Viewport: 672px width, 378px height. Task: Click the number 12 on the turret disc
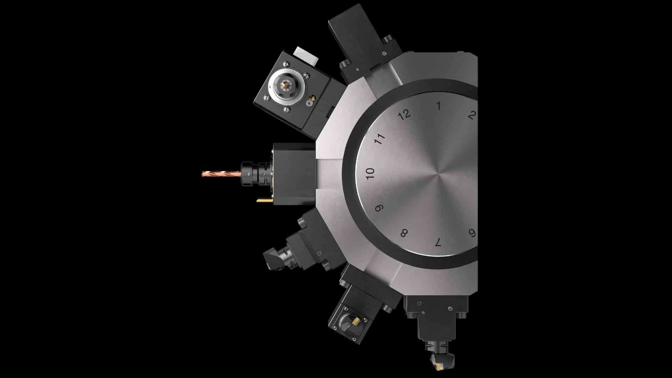pos(405,114)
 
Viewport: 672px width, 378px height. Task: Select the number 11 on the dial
pos(380,139)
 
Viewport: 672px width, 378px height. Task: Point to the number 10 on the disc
pos(370,173)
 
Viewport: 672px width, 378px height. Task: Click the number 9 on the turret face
pos(379,208)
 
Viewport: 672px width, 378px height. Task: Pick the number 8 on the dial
pos(404,233)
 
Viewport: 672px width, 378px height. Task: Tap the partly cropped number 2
pos(472,115)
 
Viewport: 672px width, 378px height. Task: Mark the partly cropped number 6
pos(472,233)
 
